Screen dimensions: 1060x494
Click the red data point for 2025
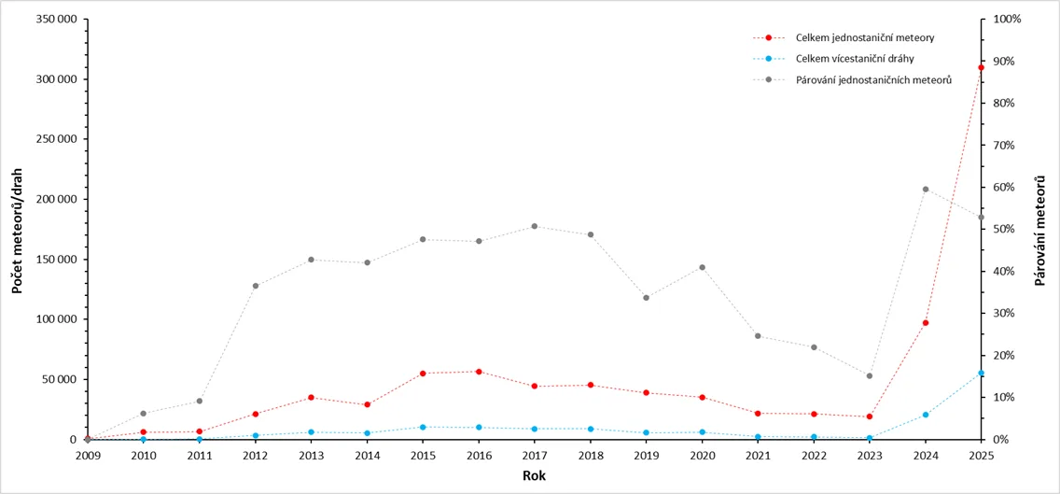981,67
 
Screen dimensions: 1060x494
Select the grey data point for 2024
926,190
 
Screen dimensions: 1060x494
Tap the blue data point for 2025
981,373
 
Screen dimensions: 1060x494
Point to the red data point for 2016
479,372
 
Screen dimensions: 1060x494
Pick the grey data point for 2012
256,286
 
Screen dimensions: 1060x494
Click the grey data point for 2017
534,226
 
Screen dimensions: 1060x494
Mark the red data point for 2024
926,323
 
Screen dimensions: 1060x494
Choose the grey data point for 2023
870,375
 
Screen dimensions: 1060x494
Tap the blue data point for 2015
423,427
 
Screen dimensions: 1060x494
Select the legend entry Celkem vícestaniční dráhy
834,58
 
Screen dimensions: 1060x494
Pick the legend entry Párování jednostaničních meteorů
853,80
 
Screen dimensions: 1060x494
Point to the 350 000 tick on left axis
57,19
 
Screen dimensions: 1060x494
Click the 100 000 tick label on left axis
57,319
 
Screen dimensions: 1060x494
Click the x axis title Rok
534,475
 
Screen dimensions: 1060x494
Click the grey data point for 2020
702,267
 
